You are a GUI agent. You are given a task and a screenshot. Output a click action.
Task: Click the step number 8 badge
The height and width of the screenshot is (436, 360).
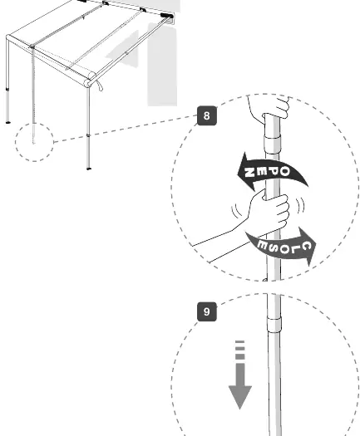pyautogui.click(x=206, y=115)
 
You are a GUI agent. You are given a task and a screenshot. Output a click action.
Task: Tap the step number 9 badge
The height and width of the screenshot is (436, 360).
pyautogui.click(x=206, y=311)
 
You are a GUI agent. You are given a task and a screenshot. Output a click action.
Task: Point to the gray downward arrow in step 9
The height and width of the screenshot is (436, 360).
pyautogui.click(x=240, y=374)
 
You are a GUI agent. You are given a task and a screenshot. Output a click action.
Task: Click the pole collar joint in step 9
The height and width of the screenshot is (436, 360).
pyautogui.click(x=274, y=324)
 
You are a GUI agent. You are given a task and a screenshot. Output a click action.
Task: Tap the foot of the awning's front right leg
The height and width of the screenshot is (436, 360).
pyautogui.click(x=88, y=168)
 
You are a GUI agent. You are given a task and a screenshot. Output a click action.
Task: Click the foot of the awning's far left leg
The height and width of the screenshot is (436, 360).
pyautogui.click(x=7, y=122)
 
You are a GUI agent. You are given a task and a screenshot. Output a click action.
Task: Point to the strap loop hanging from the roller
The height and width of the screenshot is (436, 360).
pyautogui.click(x=99, y=85)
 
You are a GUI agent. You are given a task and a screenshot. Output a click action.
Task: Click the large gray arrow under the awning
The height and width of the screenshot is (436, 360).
pyautogui.click(x=122, y=50)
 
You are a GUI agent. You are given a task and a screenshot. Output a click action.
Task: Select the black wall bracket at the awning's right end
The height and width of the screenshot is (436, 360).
pyautogui.click(x=167, y=16)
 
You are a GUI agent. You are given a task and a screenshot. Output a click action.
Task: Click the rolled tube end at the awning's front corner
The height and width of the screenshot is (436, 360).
pyautogui.click(x=88, y=82)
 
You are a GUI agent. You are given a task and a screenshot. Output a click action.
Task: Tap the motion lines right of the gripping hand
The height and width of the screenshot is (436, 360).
pyautogui.click(x=300, y=206)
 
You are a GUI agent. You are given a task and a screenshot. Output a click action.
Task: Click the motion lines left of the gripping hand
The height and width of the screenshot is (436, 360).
pyautogui.click(x=236, y=212)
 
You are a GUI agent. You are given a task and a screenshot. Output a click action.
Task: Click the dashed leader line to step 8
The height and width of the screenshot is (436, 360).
pyautogui.click(x=126, y=129)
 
